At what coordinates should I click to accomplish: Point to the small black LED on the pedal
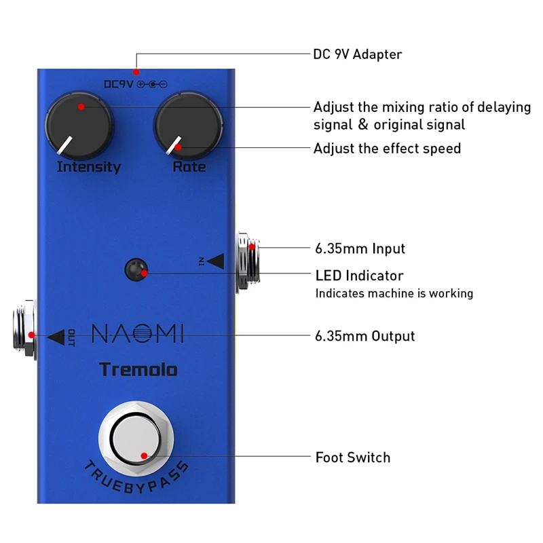[136, 270]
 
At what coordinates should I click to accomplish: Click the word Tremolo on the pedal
[138, 370]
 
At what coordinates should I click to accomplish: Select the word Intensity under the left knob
[88, 167]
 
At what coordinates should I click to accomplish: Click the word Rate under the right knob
[189, 167]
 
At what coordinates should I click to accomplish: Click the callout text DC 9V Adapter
[357, 54]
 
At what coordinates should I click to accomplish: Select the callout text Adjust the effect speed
[387, 148]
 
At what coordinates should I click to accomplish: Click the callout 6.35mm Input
[360, 248]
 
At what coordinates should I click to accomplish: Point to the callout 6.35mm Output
[365, 336]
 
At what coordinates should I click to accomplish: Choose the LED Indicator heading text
[359, 276]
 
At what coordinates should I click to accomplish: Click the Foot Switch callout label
[353, 457]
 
